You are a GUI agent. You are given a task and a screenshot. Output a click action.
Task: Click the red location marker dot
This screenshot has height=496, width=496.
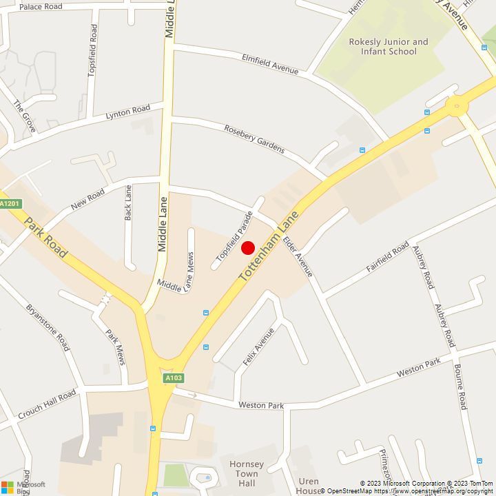pyautogui.click(x=248, y=248)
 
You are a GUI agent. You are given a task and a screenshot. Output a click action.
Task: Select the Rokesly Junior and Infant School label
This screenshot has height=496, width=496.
pyautogui.click(x=388, y=47)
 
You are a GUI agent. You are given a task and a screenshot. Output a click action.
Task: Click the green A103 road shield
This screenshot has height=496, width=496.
pyautogui.click(x=174, y=378)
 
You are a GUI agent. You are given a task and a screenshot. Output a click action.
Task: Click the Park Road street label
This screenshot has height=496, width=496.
pyautogui.click(x=46, y=238)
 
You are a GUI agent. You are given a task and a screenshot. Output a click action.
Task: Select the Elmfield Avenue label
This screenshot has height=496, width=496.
pyautogui.click(x=270, y=64)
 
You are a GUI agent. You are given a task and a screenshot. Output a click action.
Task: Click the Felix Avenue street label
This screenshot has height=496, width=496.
pyautogui.click(x=258, y=347)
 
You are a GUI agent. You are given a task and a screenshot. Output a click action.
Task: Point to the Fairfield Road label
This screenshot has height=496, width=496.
pyautogui.click(x=388, y=258)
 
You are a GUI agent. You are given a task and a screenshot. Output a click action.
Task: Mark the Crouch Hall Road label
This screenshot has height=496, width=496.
pyautogui.click(x=47, y=405)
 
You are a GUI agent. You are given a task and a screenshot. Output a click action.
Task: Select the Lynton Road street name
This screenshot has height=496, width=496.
pyautogui.click(x=127, y=112)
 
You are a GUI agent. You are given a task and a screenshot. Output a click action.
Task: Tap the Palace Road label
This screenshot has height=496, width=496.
pyautogui.click(x=41, y=7)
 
